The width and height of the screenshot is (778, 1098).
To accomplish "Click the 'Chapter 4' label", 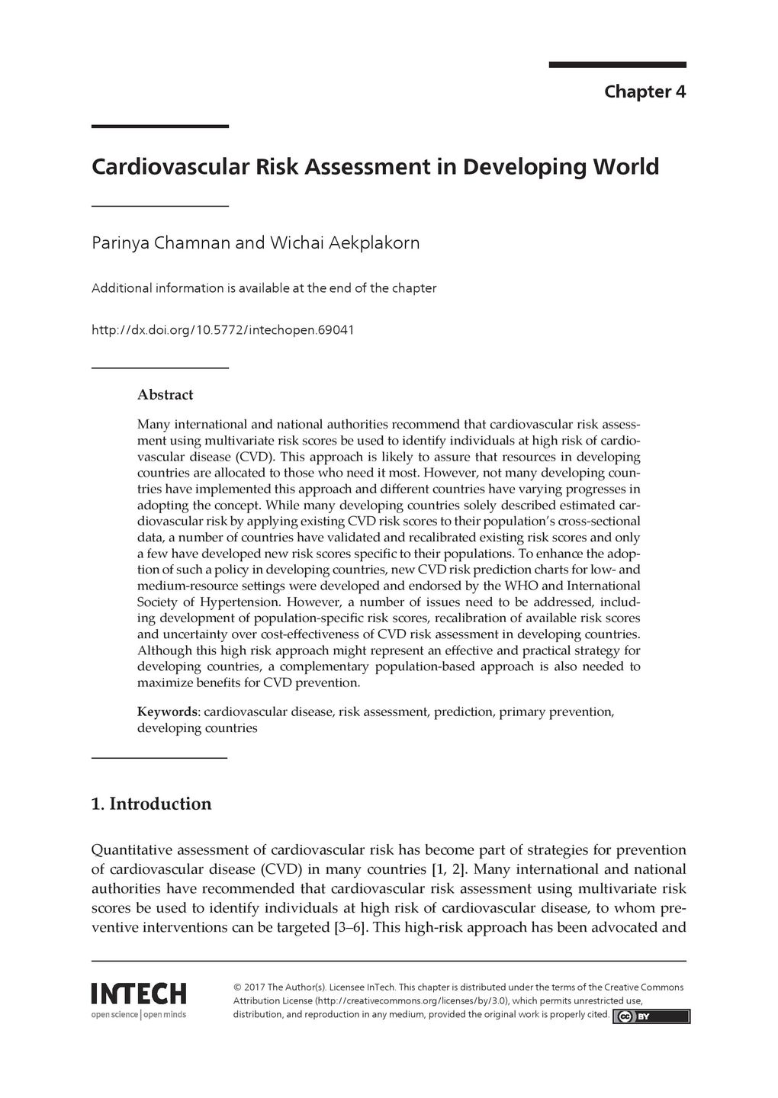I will (645, 92).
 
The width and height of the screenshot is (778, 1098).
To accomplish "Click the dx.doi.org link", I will (223, 330).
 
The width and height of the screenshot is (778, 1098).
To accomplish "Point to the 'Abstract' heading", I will (165, 395).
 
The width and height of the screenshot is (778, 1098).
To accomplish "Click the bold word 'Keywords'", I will (167, 711).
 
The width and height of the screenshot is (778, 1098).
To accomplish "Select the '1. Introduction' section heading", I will (151, 804).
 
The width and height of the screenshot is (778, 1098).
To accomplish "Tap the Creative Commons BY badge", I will (651, 1016).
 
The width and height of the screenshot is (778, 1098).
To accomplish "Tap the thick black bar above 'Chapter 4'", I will (617, 65).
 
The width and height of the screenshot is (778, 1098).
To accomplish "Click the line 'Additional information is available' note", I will (264, 288).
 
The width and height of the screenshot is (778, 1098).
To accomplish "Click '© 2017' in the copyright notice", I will (251, 987).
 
